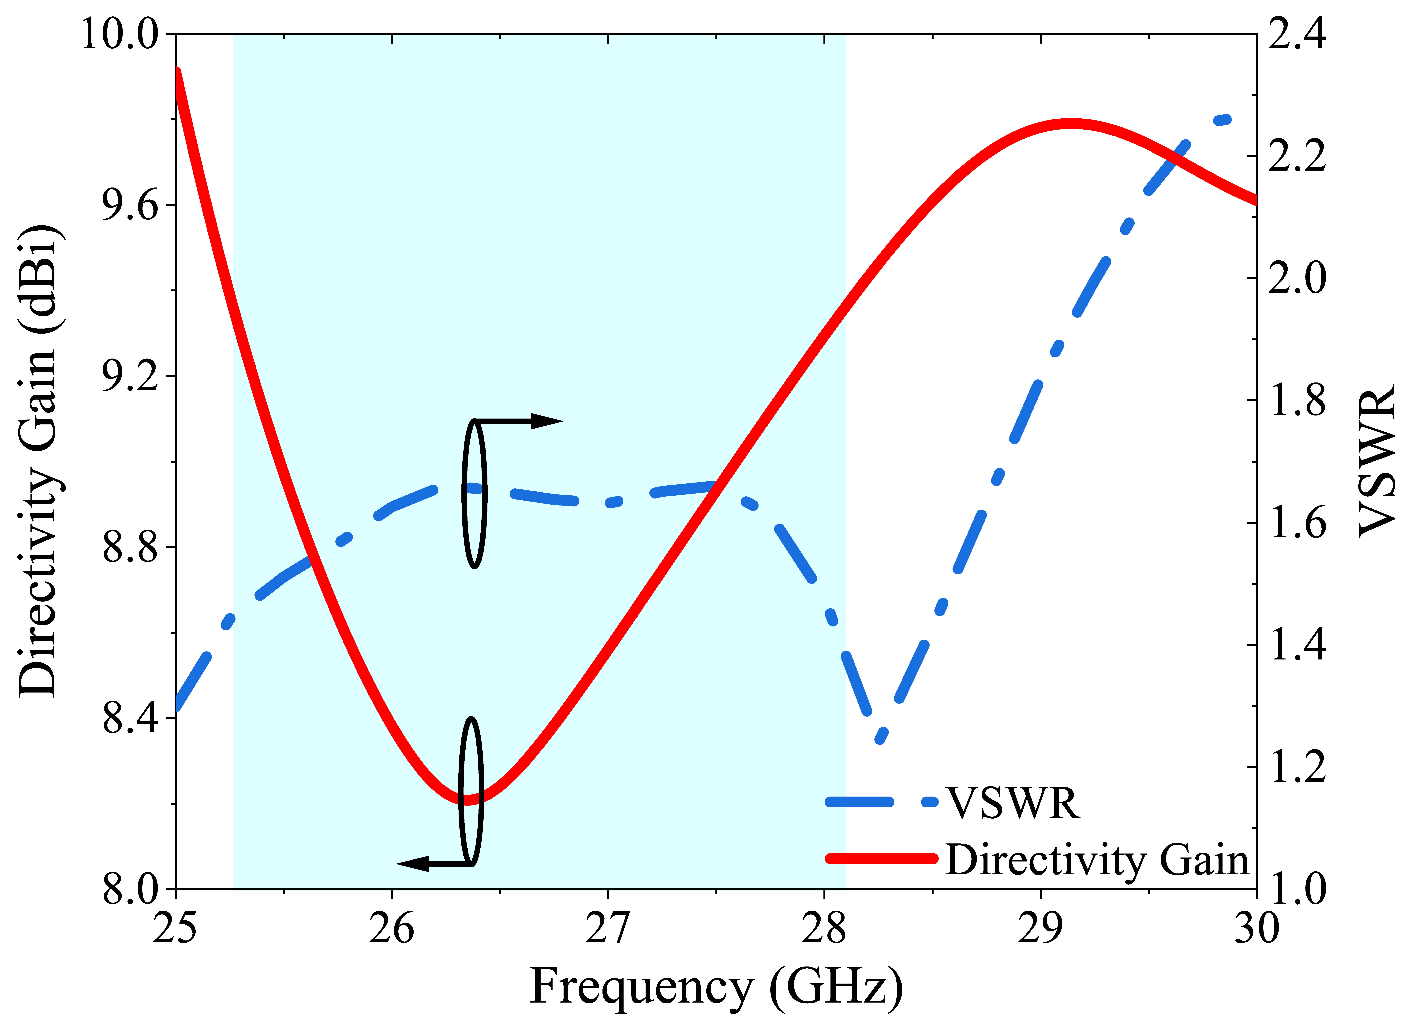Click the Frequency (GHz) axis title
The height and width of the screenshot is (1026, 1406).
716,988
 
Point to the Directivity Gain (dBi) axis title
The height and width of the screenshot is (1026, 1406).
38,461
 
